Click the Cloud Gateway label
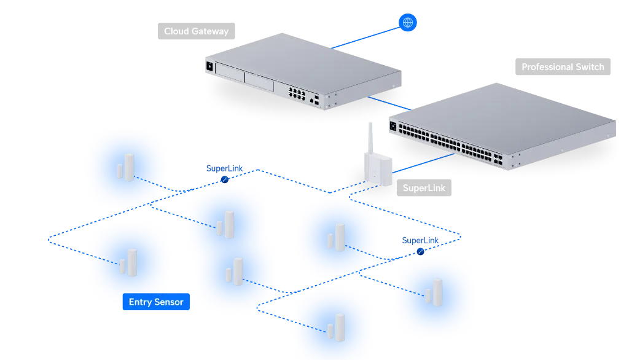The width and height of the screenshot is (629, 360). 196,31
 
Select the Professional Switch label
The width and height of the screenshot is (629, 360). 563,67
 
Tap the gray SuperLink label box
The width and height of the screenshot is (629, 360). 424,187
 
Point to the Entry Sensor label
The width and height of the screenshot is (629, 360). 155,302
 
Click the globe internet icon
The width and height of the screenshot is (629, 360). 407,23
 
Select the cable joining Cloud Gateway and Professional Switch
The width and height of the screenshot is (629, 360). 378,102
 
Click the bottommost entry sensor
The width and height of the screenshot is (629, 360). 335,327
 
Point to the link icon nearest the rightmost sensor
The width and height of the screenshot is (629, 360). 421,251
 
